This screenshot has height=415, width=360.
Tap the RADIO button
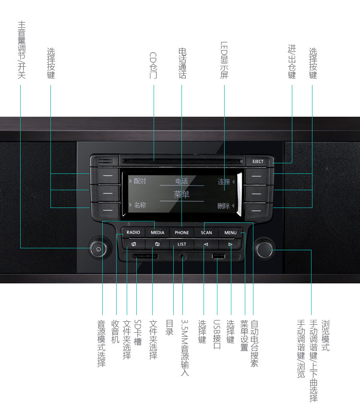tap(133, 232)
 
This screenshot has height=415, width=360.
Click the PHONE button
tap(182, 232)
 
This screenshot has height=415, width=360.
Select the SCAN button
tap(206, 232)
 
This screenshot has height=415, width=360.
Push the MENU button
tap(230, 232)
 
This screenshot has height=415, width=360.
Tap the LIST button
tap(182, 244)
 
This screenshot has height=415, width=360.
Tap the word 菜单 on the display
tap(181, 195)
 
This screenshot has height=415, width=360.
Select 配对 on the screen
tap(140, 182)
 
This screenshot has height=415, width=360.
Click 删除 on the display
tap(223, 206)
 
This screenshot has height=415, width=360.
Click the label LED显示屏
tap(224, 60)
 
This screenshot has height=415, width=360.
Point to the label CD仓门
tap(154, 65)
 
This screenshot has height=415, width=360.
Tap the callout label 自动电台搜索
tap(254, 344)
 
